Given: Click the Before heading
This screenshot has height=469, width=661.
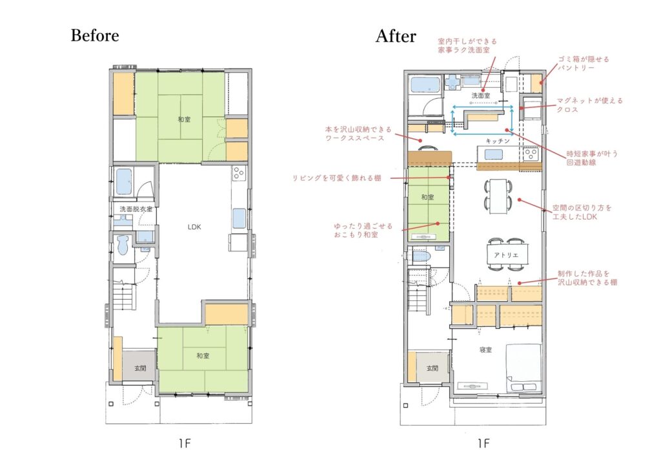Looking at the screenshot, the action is [95, 36].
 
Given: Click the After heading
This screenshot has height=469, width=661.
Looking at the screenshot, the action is [396, 36].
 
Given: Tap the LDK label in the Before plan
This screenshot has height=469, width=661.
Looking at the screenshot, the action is [194, 227].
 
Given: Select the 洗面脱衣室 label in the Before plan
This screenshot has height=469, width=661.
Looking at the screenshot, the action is [136, 209].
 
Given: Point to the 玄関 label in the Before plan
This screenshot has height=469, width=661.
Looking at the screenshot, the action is [140, 368].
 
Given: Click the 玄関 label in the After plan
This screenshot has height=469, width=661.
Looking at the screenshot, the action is [432, 368].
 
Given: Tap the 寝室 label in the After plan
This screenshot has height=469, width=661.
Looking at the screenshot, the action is [485, 349].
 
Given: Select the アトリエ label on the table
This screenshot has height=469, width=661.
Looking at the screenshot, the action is [506, 255].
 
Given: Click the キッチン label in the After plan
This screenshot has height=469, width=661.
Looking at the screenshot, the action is [498, 141].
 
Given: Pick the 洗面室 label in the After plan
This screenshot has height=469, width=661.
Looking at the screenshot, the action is [480, 96].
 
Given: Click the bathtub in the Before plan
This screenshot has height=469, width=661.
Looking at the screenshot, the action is [124, 182].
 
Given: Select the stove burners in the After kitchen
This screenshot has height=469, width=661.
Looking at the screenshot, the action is [531, 154].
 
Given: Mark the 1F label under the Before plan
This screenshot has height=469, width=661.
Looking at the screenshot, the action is [185, 443].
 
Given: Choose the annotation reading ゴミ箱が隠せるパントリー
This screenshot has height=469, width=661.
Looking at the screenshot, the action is [584, 64].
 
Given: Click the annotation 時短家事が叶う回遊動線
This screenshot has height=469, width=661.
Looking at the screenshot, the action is [592, 158].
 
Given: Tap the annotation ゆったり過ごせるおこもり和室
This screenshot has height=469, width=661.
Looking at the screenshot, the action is [363, 230].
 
